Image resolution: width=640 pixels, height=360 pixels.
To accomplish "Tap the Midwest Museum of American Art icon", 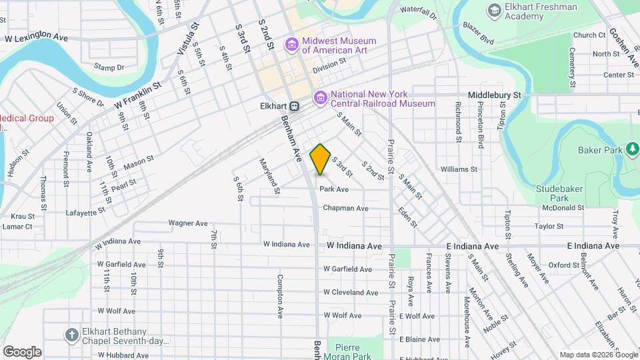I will click(291, 45).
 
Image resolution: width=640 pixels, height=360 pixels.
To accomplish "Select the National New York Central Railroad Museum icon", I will click(321, 99).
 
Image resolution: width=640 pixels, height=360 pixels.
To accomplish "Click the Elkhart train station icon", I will click(294, 106).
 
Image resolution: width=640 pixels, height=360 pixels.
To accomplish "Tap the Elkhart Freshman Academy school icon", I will click(494, 10).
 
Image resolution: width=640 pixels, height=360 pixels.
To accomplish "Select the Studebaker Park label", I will click(552, 193).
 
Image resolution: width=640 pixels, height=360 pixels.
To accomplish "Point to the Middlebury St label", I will click(494, 95).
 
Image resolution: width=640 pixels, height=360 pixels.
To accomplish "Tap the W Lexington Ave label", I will click(37, 39).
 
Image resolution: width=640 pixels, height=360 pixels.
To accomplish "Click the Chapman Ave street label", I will click(345, 208).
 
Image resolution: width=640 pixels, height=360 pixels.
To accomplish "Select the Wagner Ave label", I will click(188, 223).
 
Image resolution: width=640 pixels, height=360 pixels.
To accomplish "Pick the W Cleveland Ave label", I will click(351, 293).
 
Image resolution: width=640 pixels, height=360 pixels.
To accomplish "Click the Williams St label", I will click(459, 169).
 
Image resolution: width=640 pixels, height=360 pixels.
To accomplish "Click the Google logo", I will click(22, 351).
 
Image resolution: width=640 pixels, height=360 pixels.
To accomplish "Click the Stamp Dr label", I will click(109, 67).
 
